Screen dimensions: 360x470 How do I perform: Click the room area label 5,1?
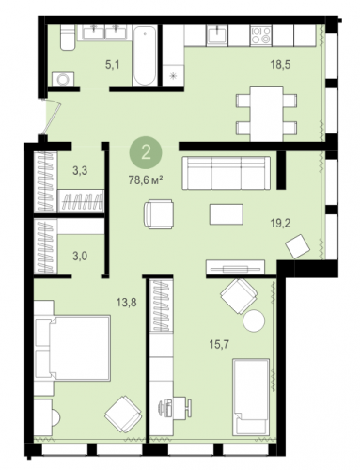coord(113,65)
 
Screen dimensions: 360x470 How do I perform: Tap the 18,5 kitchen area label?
coord(281,65)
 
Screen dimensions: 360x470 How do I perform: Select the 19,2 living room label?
coord(281,224)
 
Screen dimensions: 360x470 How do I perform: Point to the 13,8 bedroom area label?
coord(127,303)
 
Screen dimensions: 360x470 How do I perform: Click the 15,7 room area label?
coord(219,345)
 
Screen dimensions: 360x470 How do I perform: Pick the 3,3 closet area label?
coord(80,171)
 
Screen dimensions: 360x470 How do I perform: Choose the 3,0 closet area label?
coord(80,256)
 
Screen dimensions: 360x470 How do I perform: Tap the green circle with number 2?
coord(146,153)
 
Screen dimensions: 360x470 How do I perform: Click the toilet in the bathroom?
coord(68,38)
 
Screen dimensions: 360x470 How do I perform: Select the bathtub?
coord(145,55)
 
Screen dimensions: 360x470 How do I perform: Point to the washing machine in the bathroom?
coord(63,79)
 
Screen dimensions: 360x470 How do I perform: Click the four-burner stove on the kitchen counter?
coord(260,35)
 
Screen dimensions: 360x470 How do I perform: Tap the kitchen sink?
coord(217,34)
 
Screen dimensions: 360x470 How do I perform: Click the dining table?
coord(266,114)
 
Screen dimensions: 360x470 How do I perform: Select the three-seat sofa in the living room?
coord(226,173)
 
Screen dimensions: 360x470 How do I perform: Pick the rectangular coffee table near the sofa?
coord(227,214)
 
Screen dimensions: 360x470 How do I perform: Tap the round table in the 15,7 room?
coord(254,321)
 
